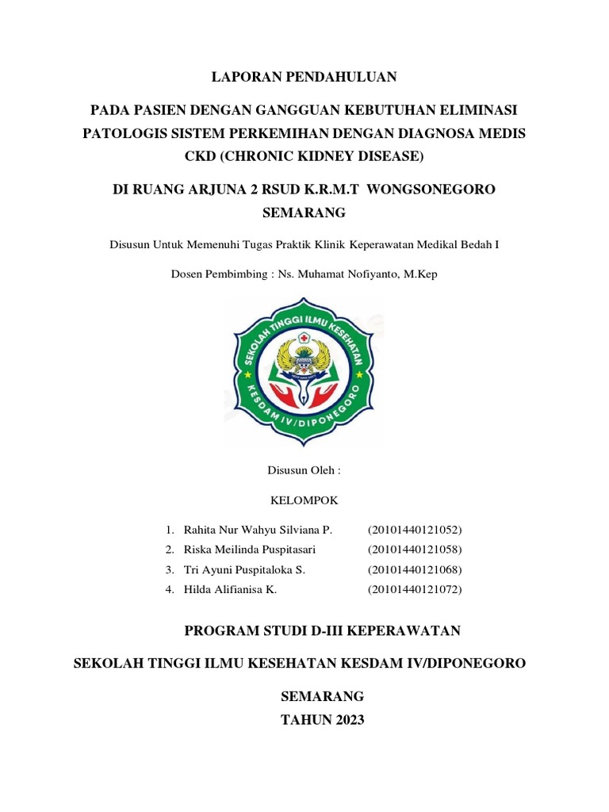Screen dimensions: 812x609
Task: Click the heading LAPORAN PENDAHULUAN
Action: (304, 77)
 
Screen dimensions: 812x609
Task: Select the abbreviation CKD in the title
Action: (200, 156)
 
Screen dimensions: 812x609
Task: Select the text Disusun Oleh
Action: (304, 470)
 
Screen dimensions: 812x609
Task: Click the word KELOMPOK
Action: (304, 500)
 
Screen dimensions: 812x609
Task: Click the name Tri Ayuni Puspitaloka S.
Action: (244, 570)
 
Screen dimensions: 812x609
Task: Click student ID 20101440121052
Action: (415, 529)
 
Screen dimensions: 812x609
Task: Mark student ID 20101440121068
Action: (415, 570)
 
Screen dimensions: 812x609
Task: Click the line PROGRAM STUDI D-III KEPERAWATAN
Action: (322, 631)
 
